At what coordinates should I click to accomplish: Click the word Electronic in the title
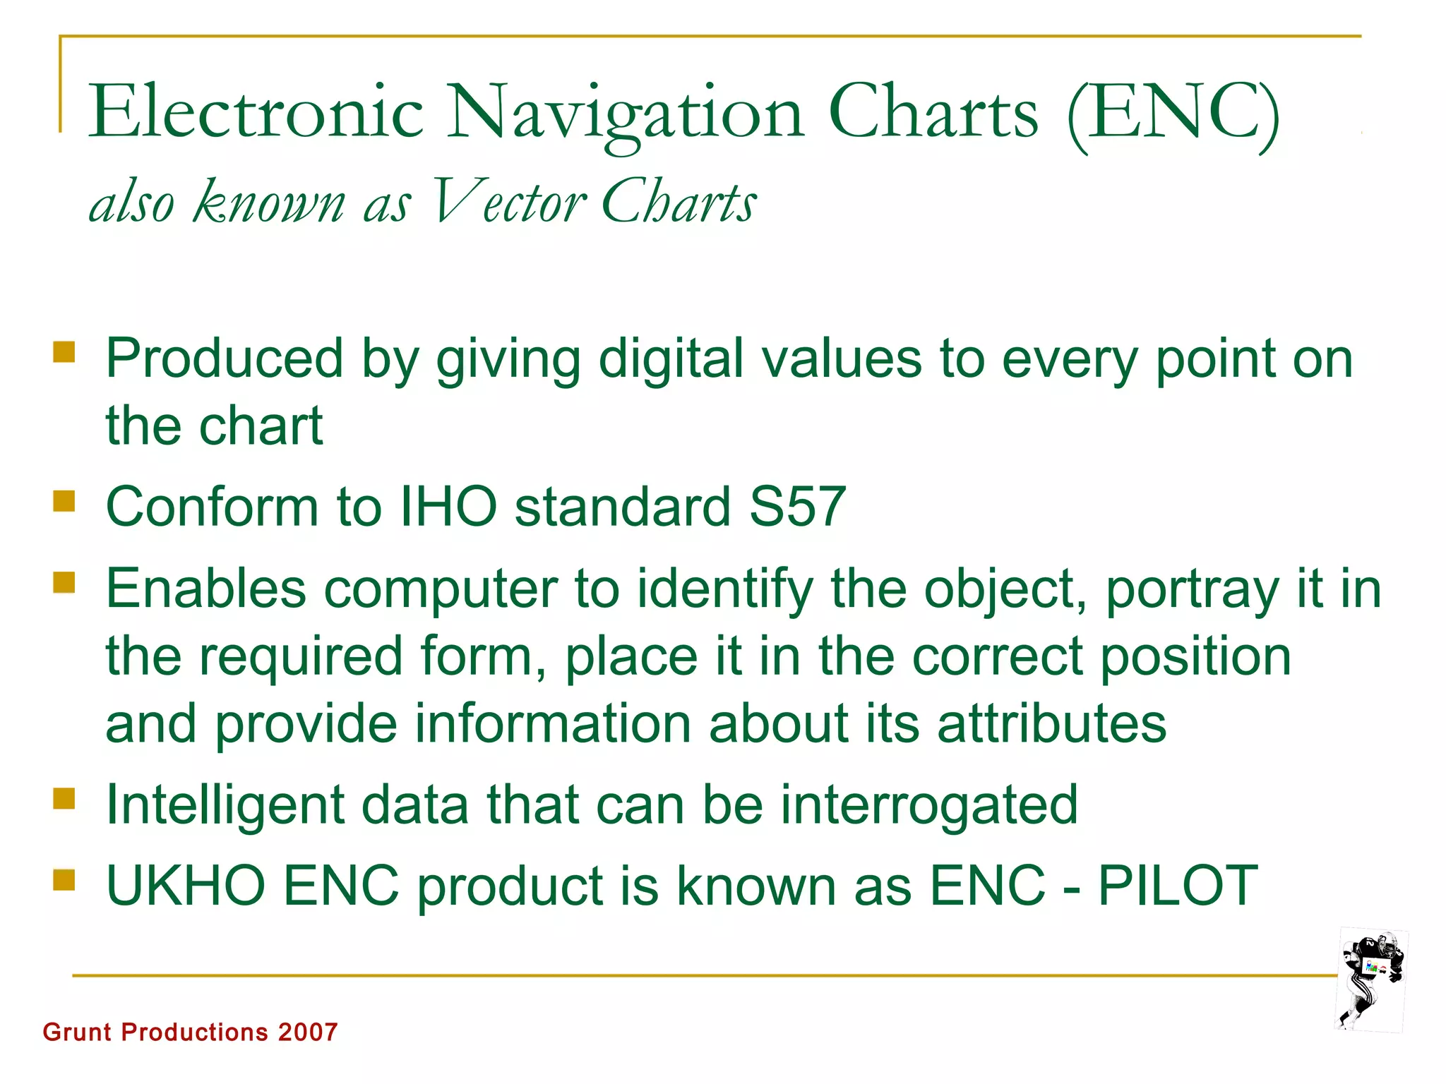pos(256,112)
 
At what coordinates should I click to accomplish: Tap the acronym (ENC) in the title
pos(1173,113)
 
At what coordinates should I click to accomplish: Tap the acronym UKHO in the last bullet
pos(186,885)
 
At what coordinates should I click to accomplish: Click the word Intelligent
pos(225,805)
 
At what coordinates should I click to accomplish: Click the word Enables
pos(205,589)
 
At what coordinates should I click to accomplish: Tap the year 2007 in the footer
pos(308,1032)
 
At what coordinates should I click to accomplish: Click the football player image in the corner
pos(1372,981)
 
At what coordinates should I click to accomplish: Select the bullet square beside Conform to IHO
pos(64,501)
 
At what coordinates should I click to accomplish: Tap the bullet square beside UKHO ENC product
pos(64,880)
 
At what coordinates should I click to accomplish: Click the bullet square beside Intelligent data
pos(64,799)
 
